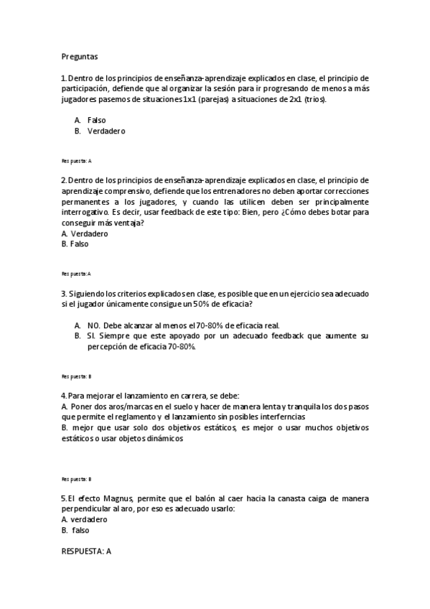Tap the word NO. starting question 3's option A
point(94,325)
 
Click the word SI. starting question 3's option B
point(91,335)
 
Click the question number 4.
point(64,396)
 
